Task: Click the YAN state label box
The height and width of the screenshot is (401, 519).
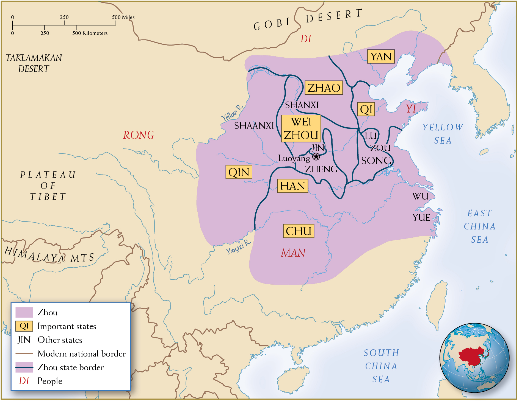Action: coord(381,57)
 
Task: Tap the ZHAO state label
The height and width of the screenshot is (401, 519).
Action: coord(324,88)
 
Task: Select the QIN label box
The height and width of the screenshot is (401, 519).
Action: coord(239,172)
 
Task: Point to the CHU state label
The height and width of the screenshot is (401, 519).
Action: coord(298,231)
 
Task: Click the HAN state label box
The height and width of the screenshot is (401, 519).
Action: coord(292,186)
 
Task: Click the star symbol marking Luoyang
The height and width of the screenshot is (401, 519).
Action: coord(316,157)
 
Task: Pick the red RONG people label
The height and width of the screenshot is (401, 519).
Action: coord(138,135)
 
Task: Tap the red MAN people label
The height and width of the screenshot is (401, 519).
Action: coord(293,253)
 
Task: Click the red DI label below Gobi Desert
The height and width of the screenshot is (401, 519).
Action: coord(306,39)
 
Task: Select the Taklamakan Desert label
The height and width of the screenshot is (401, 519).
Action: coord(34,63)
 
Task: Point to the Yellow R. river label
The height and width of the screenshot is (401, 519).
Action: coord(232,113)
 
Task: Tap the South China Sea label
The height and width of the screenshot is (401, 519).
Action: coord(381,366)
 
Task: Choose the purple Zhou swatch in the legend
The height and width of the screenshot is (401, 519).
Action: coord(24,312)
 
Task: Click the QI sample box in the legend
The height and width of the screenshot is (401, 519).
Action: coord(24,326)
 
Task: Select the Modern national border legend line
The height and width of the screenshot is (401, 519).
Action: coord(24,354)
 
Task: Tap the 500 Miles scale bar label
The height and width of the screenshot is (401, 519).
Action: coord(123,17)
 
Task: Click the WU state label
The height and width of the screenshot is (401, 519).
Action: coord(420,196)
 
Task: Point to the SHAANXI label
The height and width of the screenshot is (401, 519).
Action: coord(254,125)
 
